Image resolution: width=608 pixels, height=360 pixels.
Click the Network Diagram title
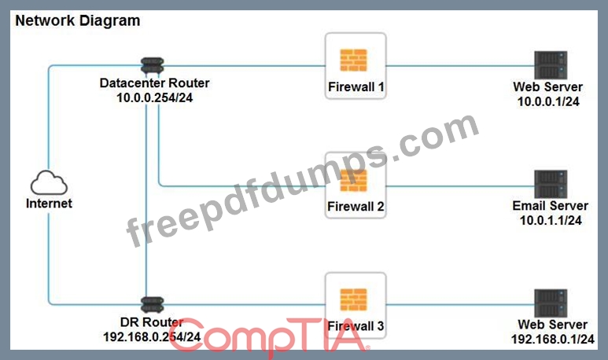click(x=78, y=21)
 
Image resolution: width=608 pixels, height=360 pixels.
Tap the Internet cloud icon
click(x=49, y=182)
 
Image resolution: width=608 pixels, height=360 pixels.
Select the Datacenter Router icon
click(x=152, y=65)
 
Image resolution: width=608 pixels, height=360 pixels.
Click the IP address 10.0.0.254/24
click(x=155, y=97)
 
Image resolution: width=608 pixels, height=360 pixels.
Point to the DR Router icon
click(x=152, y=305)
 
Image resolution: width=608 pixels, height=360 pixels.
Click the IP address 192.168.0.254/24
click(x=152, y=336)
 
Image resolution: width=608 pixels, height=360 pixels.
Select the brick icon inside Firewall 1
click(x=354, y=60)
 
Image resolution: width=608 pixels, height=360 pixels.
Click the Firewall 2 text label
click(x=356, y=207)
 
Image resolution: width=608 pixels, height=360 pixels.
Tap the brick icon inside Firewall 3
click(x=354, y=299)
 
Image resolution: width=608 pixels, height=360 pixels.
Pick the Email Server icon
click(x=551, y=184)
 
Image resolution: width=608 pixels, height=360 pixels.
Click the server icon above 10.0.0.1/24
click(x=551, y=65)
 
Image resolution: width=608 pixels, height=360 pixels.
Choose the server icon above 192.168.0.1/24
click(x=551, y=303)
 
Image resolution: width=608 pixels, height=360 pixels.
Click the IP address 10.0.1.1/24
click(x=551, y=221)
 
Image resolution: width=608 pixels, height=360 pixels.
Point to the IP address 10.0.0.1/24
click(x=548, y=101)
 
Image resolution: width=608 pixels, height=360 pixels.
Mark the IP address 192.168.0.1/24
click(x=553, y=340)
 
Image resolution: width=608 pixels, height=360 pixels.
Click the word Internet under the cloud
click(x=49, y=204)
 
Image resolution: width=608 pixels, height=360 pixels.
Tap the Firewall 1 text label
click(x=356, y=87)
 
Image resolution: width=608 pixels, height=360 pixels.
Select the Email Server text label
click(x=551, y=206)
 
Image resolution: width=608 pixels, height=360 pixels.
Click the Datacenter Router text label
click(x=154, y=83)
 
